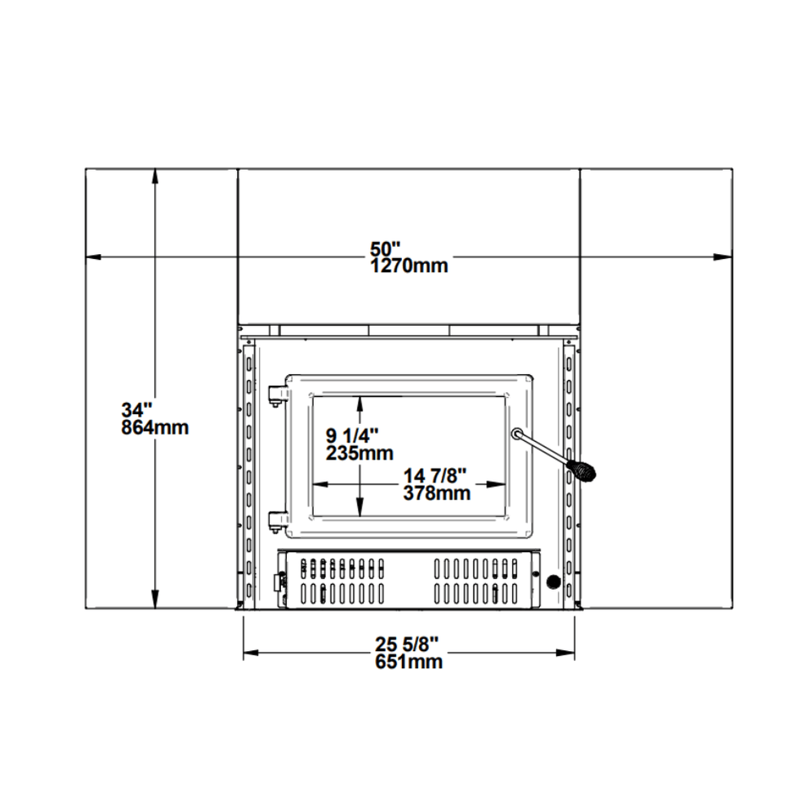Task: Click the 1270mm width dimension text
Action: click(408, 265)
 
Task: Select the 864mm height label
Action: click(155, 427)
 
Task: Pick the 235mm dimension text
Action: click(359, 453)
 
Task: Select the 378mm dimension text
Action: click(437, 493)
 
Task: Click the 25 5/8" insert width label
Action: click(409, 645)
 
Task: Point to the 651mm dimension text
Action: click(409, 662)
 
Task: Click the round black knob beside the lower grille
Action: click(553, 582)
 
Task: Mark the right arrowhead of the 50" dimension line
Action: click(722, 257)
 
